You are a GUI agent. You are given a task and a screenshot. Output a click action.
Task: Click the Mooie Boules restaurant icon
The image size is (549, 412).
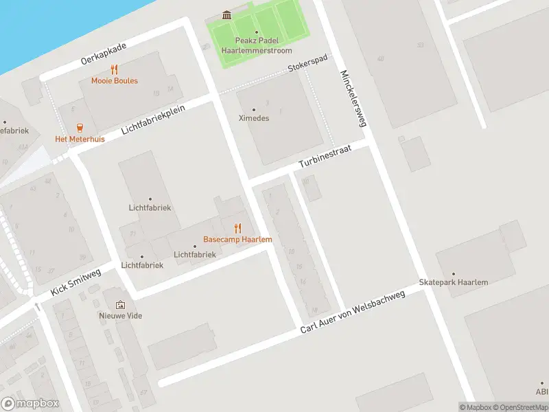(115, 69)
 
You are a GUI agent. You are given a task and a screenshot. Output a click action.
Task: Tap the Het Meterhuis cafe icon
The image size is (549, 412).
(80, 127)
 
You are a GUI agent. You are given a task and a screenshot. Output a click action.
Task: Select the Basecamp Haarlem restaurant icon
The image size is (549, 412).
(237, 228)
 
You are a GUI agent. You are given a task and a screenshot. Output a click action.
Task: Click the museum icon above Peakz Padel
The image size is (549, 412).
(226, 15)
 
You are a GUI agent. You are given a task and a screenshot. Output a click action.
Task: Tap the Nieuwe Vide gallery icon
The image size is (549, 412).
(121, 305)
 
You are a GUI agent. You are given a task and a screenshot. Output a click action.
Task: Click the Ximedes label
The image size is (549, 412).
(253, 118)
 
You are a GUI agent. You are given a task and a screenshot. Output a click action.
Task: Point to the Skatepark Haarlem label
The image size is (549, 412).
(453, 283)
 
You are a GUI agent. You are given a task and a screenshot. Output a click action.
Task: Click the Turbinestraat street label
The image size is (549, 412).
(325, 157)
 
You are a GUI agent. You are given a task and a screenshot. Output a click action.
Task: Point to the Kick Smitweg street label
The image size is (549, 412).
(76, 282)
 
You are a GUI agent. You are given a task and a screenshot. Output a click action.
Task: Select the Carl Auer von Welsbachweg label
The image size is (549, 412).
(353, 312)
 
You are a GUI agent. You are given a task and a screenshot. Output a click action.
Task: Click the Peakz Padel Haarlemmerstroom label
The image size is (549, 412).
(257, 46)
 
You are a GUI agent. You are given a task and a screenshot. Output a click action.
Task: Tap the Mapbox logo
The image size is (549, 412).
(30, 404)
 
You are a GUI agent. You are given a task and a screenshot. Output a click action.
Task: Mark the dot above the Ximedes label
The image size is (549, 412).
(253, 109)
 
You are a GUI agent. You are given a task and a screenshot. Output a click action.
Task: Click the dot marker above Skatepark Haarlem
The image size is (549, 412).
(453, 274)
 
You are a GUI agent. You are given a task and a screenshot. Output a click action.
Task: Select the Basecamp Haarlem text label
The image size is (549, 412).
(237, 239)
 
